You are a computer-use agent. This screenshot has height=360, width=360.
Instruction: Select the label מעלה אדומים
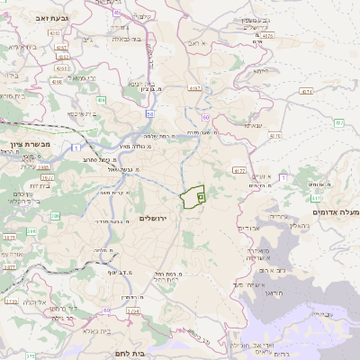tap(335, 211)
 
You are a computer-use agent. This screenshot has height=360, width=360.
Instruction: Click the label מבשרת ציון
tap(24, 143)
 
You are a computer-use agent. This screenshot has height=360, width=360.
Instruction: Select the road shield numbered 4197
tap(195, 88)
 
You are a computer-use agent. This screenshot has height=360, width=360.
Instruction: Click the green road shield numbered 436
tap(102, 100)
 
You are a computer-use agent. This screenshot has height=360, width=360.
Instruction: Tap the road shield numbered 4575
tap(267, 35)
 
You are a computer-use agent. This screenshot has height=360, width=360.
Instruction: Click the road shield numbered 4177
tap(238, 168)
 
